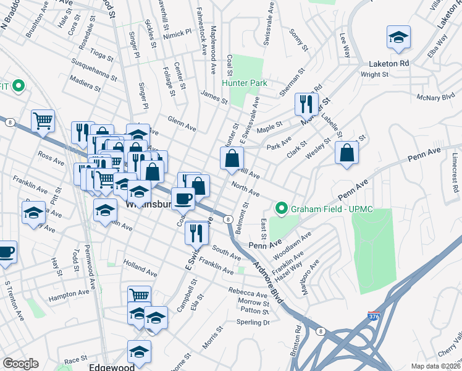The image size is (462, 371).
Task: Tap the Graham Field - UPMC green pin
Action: (x=282, y=208)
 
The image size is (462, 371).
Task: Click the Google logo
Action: (x=20, y=364)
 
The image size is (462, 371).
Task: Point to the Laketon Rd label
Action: (x=389, y=64)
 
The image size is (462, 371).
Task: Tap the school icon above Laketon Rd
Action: (x=398, y=38)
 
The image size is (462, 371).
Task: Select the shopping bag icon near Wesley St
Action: (x=347, y=153)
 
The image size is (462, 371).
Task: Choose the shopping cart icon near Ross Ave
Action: (x=43, y=121)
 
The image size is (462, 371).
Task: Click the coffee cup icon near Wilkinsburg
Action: (x=183, y=198)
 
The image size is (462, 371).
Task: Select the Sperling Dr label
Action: (x=254, y=322)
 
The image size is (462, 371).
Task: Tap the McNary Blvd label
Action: (x=436, y=96)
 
